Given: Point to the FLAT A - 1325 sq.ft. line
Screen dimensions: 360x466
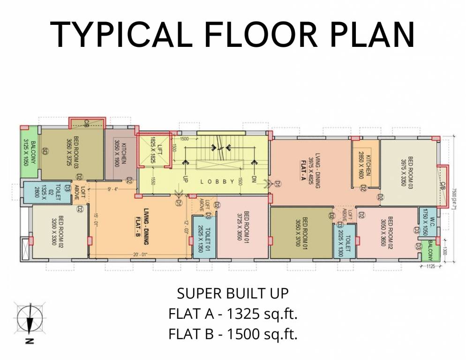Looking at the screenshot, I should [233, 314].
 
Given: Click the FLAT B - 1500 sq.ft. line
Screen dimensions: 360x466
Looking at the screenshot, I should [233, 334].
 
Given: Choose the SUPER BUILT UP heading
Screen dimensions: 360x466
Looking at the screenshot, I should [233, 294].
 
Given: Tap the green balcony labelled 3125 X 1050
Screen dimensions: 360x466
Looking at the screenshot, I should [30, 152].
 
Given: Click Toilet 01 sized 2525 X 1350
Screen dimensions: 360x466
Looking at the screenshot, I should [204, 237].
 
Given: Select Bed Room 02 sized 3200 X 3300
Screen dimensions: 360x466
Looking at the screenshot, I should [59, 232].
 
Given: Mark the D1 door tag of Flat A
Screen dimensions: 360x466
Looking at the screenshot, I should [277, 184].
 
